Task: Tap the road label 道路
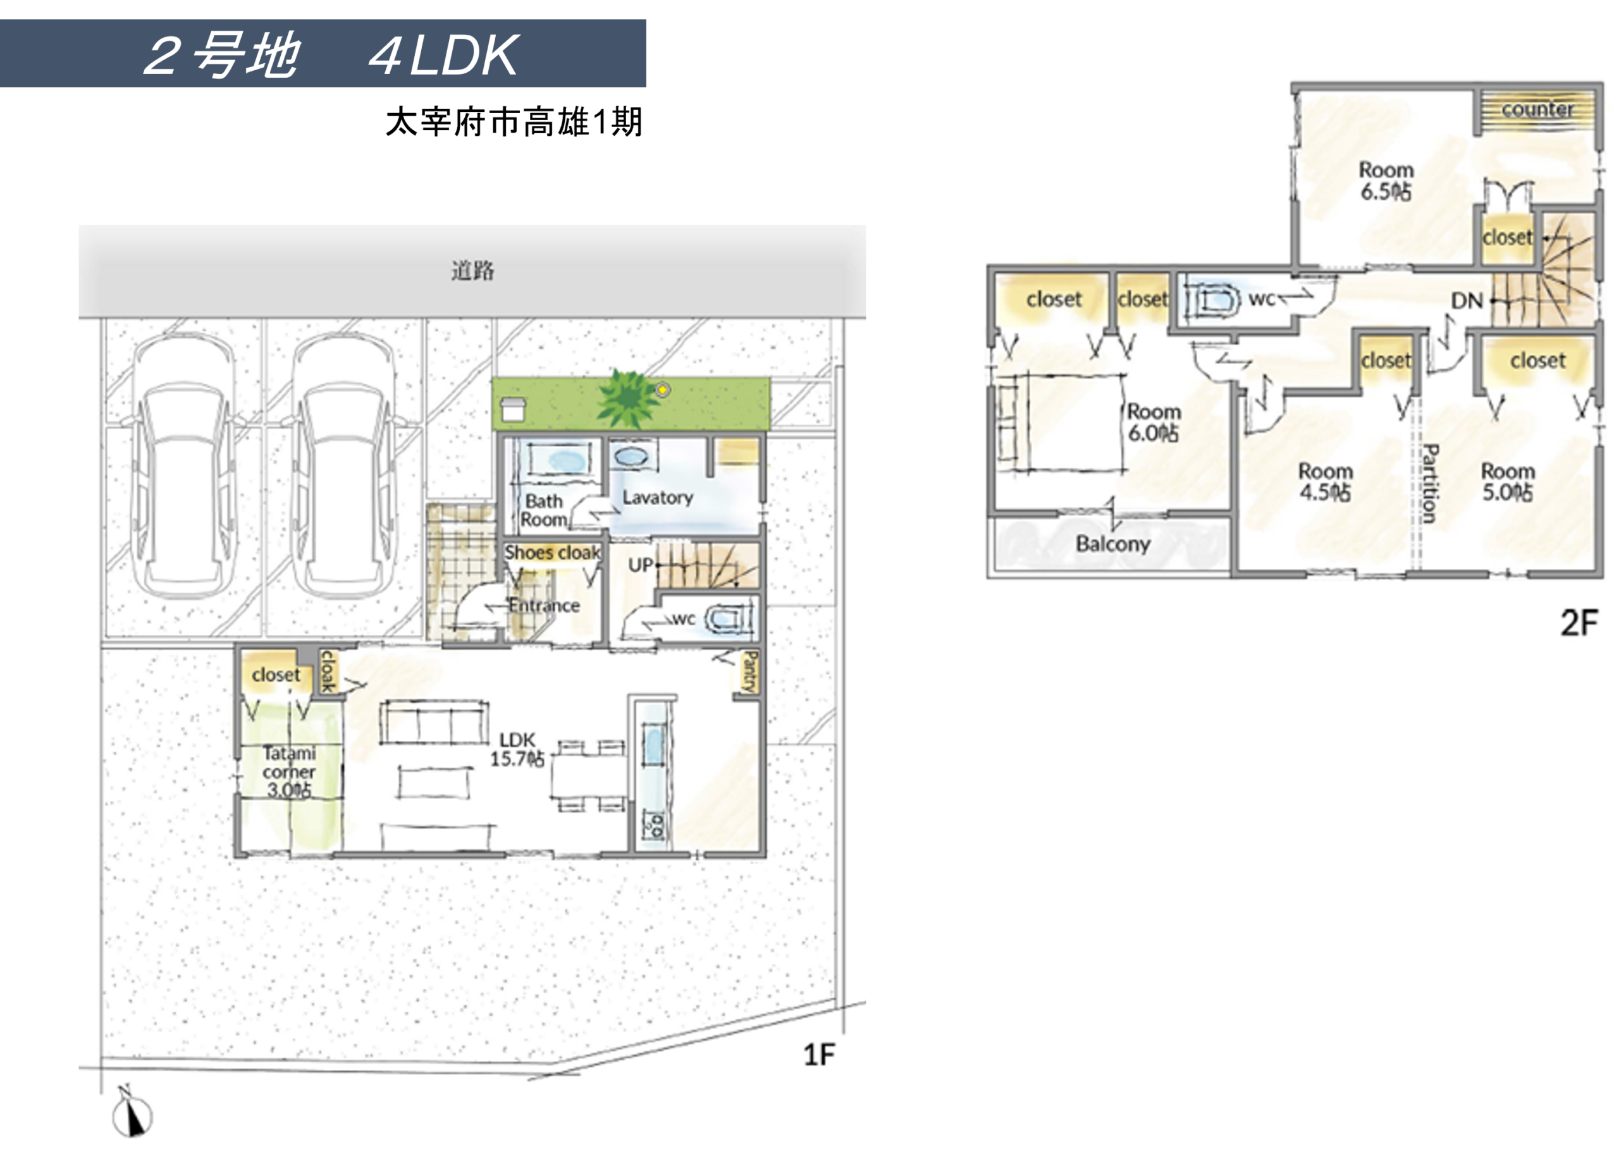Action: click(472, 270)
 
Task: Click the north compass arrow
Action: click(132, 1113)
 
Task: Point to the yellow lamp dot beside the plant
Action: click(662, 389)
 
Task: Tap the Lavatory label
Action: click(658, 498)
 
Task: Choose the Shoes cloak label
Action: click(553, 553)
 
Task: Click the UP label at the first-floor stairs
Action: click(641, 565)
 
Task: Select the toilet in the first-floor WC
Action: click(727, 619)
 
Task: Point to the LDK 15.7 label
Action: click(517, 750)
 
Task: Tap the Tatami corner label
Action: click(289, 771)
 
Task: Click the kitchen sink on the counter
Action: click(653, 744)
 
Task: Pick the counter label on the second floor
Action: click(1537, 109)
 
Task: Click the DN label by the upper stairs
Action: click(1467, 301)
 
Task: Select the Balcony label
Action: click(1112, 544)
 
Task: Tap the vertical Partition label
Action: click(1431, 484)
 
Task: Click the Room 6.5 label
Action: click(1386, 181)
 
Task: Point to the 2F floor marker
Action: click(1579, 623)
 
